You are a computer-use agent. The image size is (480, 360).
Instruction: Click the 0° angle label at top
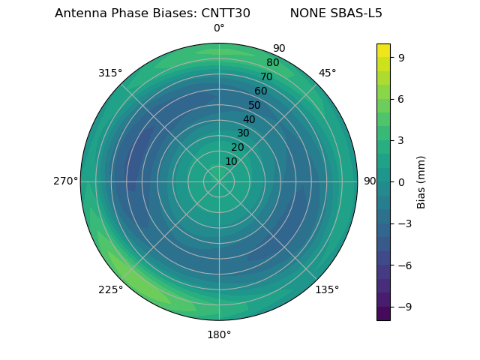[219, 28]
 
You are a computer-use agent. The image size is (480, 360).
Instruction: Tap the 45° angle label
[327, 73]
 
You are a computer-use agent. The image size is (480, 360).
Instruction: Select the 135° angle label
[327, 289]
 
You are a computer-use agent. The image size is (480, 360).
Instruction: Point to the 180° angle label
[219, 334]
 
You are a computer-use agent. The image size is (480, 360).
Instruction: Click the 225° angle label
[110, 289]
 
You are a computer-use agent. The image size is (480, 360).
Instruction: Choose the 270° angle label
[65, 181]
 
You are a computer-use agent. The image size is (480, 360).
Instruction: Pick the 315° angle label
[110, 73]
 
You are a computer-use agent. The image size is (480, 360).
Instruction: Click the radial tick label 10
[231, 161]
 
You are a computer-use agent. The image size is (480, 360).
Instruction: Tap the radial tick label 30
[243, 133]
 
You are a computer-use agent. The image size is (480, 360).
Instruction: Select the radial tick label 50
[255, 106]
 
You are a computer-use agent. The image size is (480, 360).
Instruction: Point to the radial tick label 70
[267, 77]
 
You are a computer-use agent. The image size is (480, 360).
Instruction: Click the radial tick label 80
[273, 63]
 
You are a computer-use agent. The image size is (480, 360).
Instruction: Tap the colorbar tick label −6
[403, 265]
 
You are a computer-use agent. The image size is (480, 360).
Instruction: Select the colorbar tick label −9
[403, 307]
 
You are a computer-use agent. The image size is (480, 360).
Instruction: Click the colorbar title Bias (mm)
[422, 181]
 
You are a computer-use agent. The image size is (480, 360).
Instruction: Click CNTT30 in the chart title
[226, 13]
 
